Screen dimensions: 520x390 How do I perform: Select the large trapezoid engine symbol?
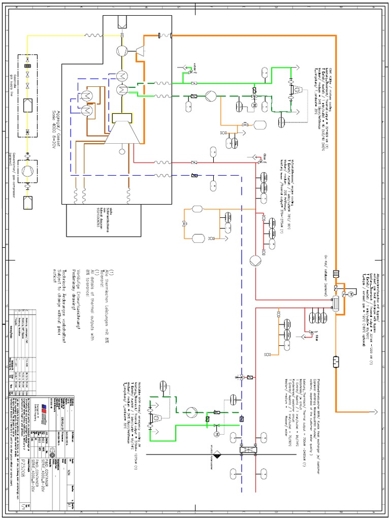click(x=124, y=134)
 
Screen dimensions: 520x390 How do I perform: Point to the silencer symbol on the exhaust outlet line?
click(x=336, y=362)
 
